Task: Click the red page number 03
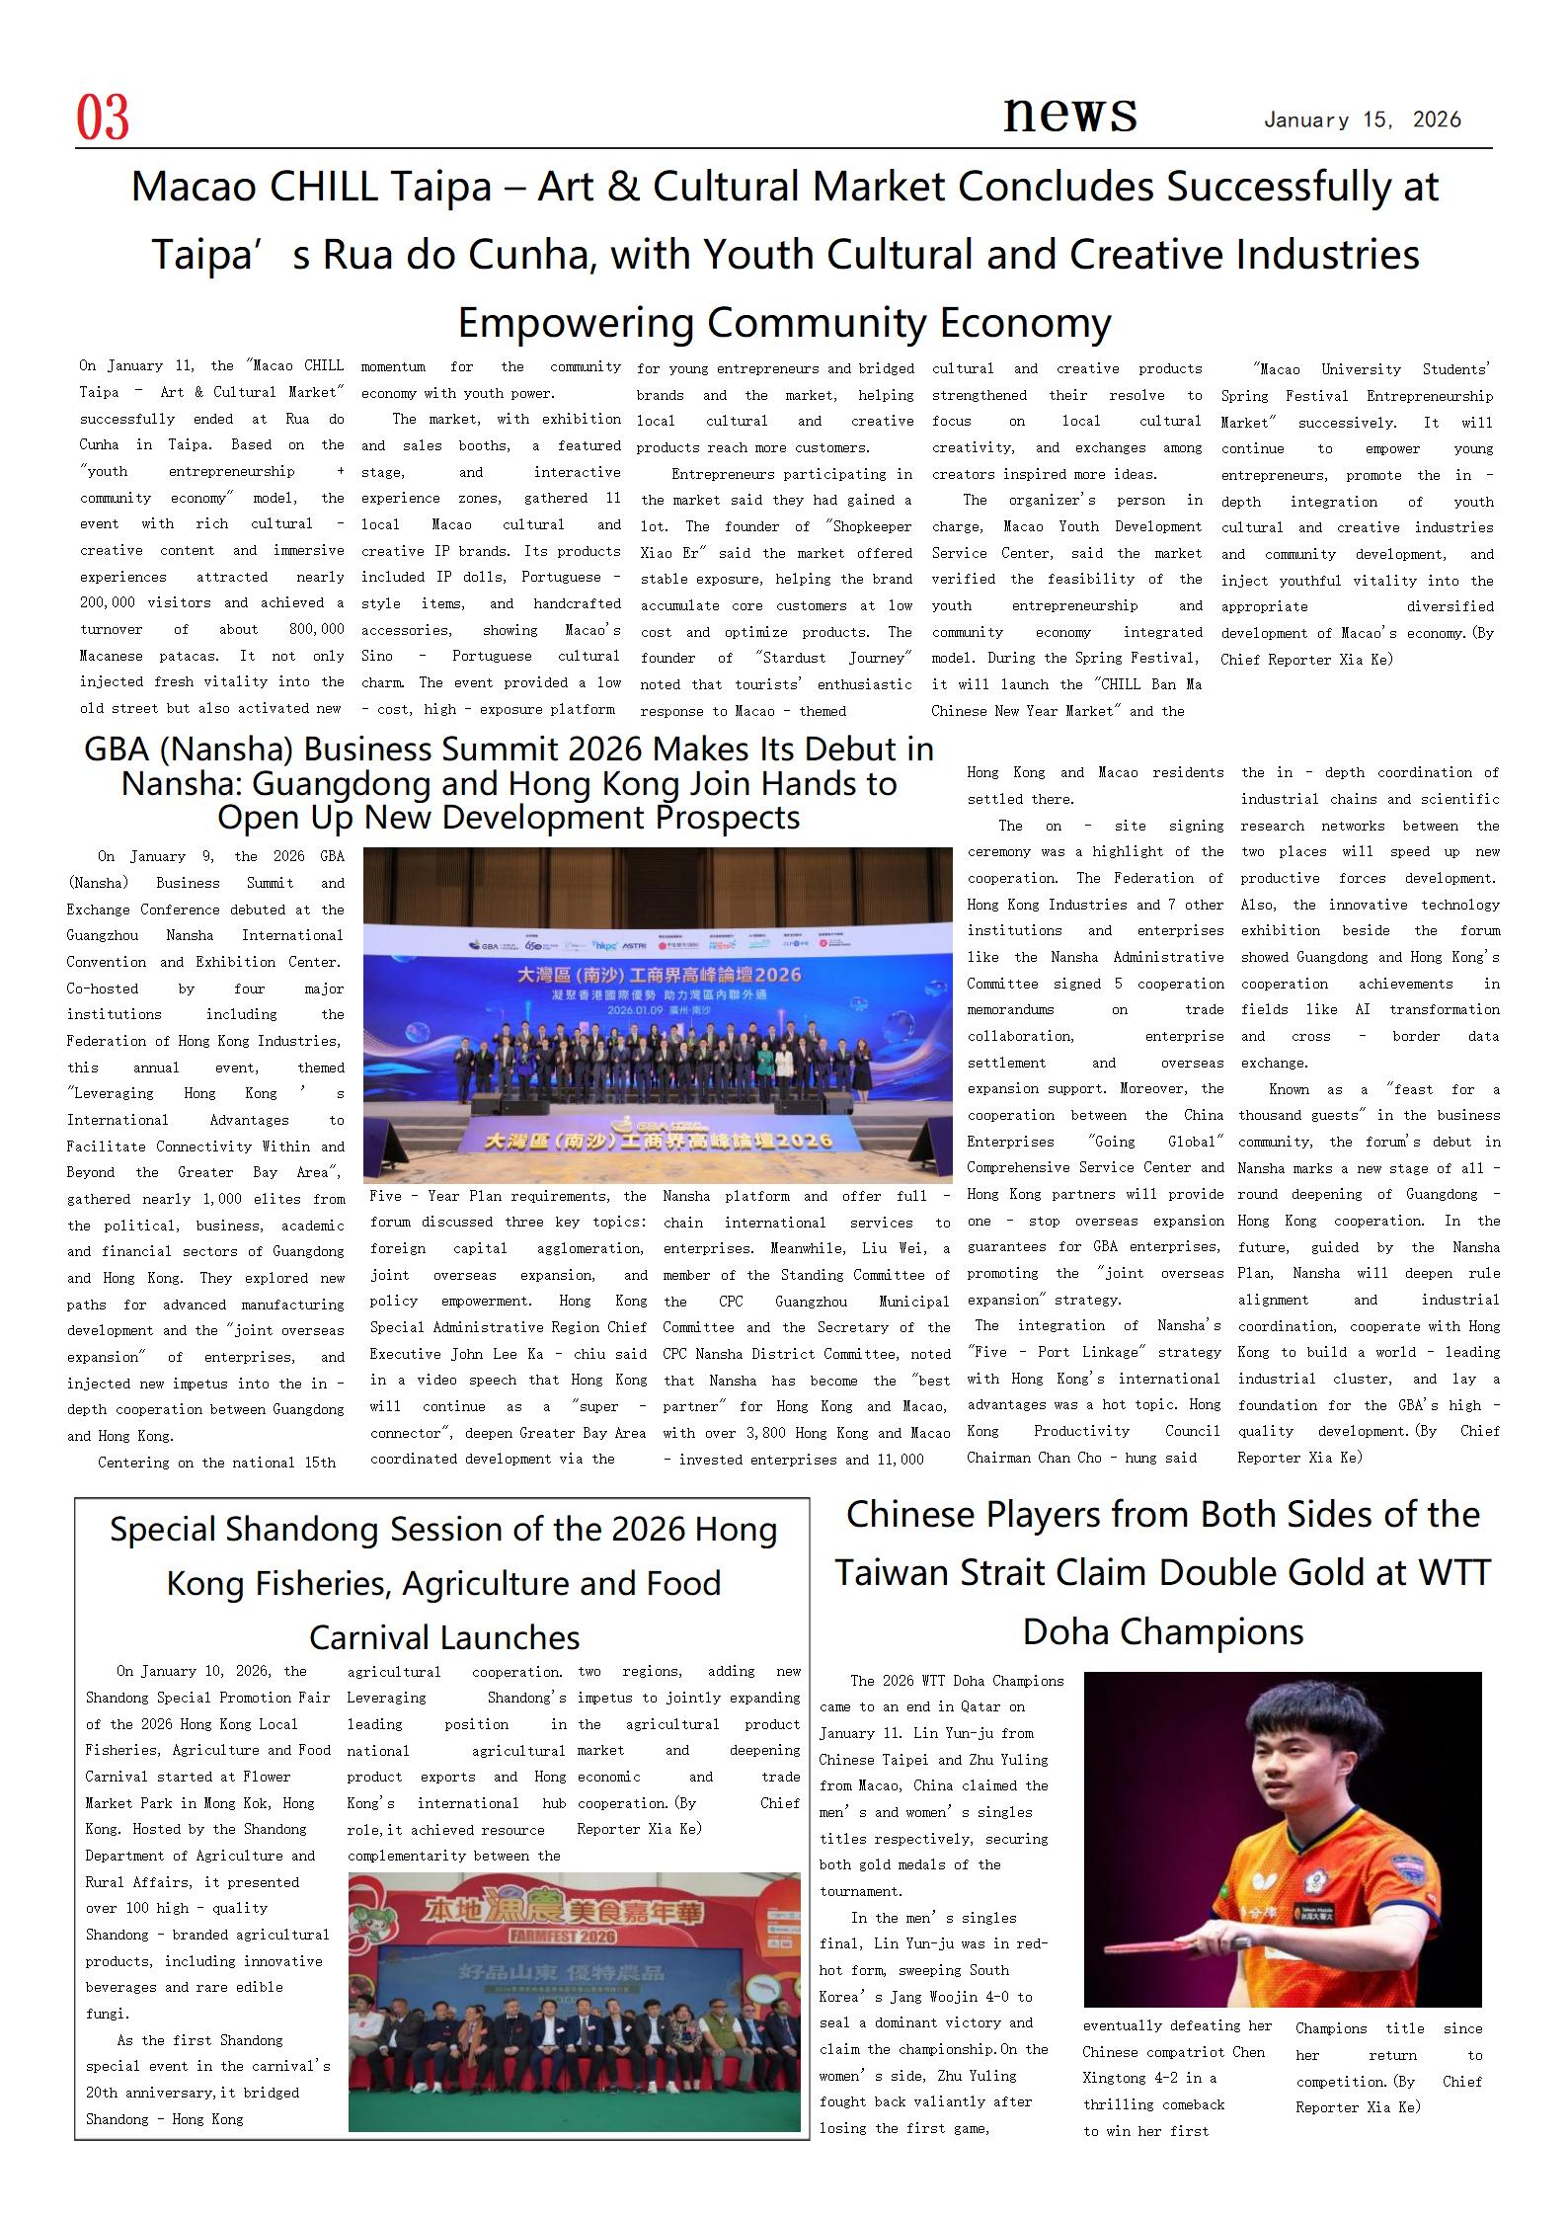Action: (103, 119)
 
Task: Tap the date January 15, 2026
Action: (1362, 120)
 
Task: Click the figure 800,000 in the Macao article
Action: (317, 629)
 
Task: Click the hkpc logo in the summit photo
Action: (603, 943)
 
